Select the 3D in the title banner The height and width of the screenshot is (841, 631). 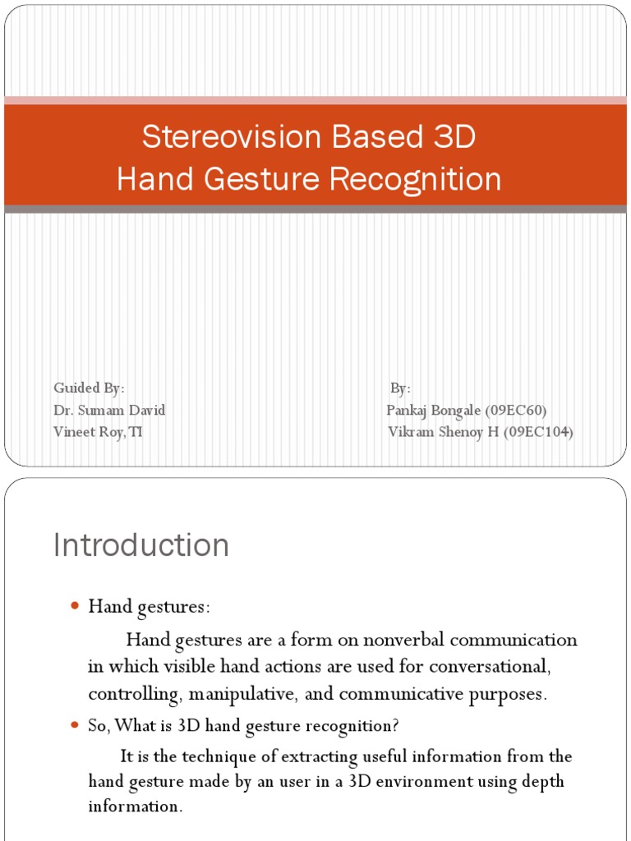(450, 137)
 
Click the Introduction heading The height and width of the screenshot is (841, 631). (141, 545)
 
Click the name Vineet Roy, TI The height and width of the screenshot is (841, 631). (98, 432)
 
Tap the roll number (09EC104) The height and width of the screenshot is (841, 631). (538, 432)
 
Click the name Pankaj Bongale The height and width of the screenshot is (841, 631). (434, 411)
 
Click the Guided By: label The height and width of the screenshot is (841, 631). (89, 388)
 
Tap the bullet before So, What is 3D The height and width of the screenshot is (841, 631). (74, 725)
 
